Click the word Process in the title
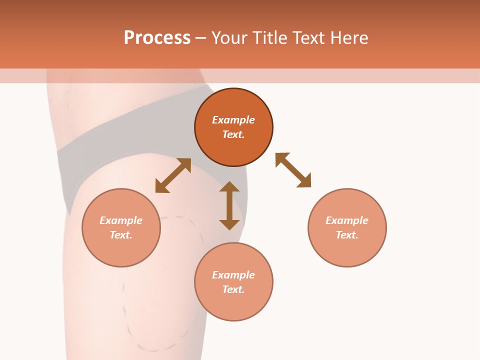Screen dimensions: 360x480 click(x=157, y=38)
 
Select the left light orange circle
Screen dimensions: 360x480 click(x=121, y=250)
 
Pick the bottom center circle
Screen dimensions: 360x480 click(x=233, y=305)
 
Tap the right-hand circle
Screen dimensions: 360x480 click(x=347, y=250)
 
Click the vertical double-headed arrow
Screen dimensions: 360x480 click(x=229, y=205)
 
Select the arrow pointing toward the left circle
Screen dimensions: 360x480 click(x=173, y=175)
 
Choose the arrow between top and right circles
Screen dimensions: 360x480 click(x=293, y=170)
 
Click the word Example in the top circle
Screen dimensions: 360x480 click(x=233, y=120)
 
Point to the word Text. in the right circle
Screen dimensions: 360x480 click(x=347, y=235)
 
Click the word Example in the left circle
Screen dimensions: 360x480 click(x=121, y=220)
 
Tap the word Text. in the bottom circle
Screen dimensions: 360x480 click(x=233, y=289)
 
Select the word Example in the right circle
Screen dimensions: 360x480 click(x=347, y=220)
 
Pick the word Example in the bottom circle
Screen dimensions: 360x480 click(x=233, y=275)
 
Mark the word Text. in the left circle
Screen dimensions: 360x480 click(x=121, y=235)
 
